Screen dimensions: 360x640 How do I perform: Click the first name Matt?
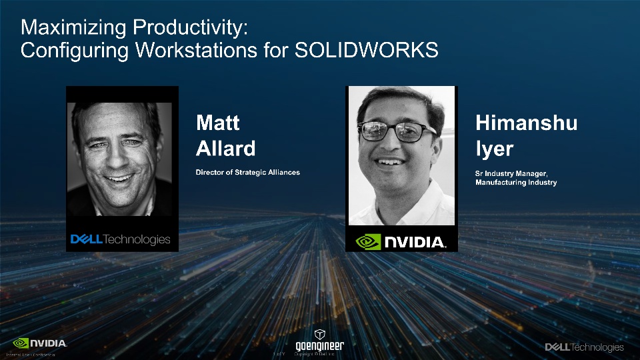pyautogui.click(x=217, y=123)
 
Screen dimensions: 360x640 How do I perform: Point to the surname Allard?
pyautogui.click(x=225, y=148)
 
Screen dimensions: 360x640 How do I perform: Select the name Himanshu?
pyautogui.click(x=526, y=123)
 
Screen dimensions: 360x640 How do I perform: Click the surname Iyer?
pyautogui.click(x=494, y=148)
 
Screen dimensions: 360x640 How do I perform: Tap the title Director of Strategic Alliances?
pyautogui.click(x=247, y=173)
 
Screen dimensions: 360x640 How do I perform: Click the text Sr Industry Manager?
pyautogui.click(x=511, y=173)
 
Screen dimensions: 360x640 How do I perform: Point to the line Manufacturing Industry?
pyautogui.click(x=515, y=182)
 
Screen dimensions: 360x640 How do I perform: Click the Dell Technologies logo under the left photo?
pyautogui.click(x=121, y=239)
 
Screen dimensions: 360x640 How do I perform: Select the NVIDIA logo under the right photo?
pyautogui.click(x=401, y=241)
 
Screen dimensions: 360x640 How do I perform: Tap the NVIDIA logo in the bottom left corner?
pyautogui.click(x=40, y=343)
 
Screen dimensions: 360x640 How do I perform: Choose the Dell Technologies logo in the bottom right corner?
pyautogui.click(x=584, y=347)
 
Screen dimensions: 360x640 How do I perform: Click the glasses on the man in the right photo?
pyautogui.click(x=399, y=131)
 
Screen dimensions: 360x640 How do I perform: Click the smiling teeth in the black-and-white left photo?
pyautogui.click(x=120, y=178)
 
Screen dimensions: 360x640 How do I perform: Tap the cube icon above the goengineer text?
pyautogui.click(x=320, y=333)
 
